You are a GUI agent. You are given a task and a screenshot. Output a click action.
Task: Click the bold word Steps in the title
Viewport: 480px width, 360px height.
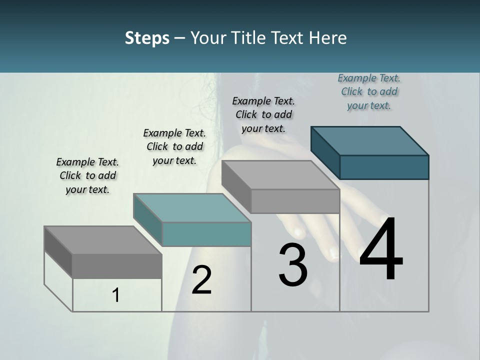pos(147,38)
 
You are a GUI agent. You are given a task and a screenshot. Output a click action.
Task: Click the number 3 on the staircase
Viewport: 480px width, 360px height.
pos(293,264)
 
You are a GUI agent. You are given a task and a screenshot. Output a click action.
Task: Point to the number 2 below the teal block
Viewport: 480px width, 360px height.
pos(201,280)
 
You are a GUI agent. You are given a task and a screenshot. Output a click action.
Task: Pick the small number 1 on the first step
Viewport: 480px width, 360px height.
pos(116,295)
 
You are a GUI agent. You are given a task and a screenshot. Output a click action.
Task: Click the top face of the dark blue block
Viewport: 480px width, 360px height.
pos(370,140)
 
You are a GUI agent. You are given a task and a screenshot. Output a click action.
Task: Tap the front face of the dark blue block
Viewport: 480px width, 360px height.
pos(384,167)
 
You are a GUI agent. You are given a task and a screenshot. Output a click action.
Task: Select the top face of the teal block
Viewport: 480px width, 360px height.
pos(192,207)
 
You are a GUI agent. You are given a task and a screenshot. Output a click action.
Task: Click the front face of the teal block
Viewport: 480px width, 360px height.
pos(206,234)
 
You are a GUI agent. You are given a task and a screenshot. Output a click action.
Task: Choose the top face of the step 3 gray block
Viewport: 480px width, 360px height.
pos(280,175)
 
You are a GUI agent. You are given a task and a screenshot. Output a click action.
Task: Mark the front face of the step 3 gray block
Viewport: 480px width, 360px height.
pos(295,201)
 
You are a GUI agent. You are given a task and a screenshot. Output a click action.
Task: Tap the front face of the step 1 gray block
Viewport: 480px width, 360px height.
pos(117,266)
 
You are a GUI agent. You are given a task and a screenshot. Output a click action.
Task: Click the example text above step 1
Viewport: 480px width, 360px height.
pos(87,175)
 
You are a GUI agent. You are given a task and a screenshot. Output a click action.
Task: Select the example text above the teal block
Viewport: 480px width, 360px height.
pos(174,146)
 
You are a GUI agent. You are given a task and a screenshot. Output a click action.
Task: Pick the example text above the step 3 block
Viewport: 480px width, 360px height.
pos(263,114)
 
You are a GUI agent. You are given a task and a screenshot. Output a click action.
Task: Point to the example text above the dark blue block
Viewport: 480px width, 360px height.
pos(369,91)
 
